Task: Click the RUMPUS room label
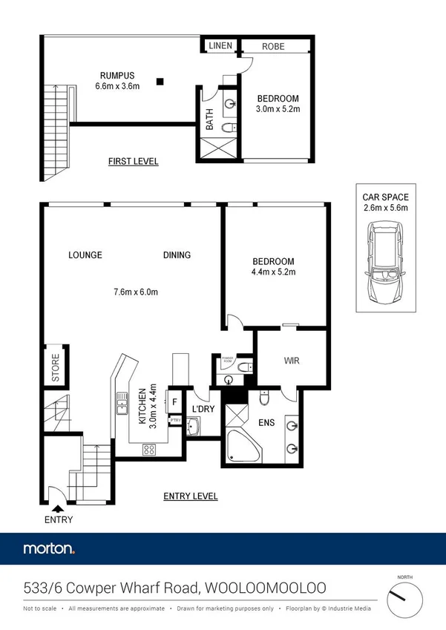click(118, 75)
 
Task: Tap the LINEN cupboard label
click(220, 46)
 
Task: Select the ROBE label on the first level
click(273, 46)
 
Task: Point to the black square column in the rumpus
click(160, 82)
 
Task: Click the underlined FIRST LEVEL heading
click(133, 161)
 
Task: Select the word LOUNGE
click(85, 255)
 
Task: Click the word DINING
click(177, 255)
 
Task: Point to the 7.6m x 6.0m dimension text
click(132, 292)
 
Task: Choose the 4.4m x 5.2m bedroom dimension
click(273, 272)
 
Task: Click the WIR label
click(291, 361)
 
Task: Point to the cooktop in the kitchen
click(149, 448)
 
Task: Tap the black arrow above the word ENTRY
click(58, 508)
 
